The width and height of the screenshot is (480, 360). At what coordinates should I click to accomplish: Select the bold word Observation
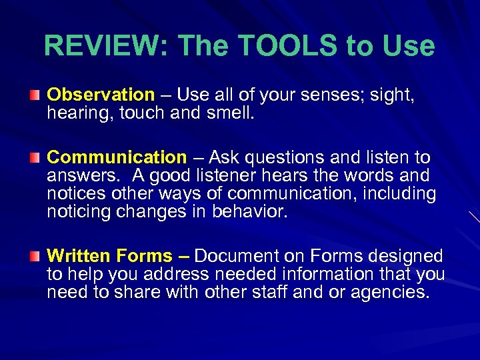tap(101, 95)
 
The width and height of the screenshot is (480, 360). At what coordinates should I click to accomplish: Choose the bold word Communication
tap(117, 158)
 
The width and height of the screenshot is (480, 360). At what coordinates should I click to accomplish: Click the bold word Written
tap(79, 256)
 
